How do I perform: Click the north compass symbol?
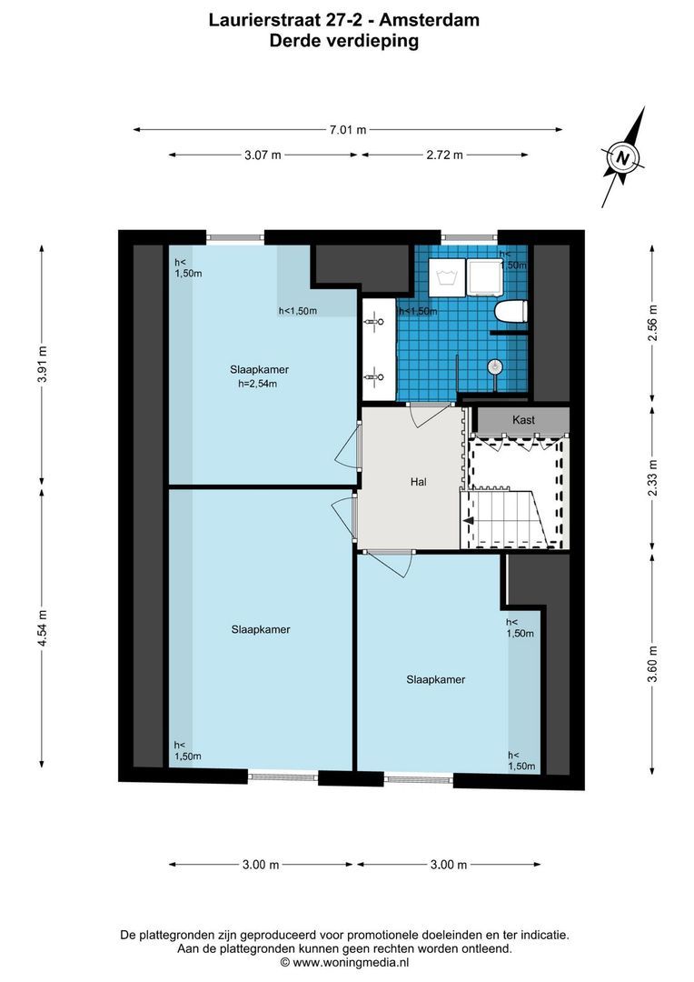tap(622, 157)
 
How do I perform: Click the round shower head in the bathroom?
tap(494, 366)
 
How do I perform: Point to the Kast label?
tap(523, 420)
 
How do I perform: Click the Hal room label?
tap(419, 482)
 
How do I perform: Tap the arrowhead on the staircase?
tap(470, 521)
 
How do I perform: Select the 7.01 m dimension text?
tap(347, 130)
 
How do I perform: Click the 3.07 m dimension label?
tap(263, 155)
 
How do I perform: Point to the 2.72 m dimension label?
tap(444, 155)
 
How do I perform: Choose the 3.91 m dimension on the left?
tap(42, 365)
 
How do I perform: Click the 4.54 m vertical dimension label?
tap(42, 626)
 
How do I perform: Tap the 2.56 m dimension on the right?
tap(652, 323)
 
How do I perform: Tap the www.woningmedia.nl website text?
tap(351, 961)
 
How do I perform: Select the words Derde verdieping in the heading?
tap(344, 40)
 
